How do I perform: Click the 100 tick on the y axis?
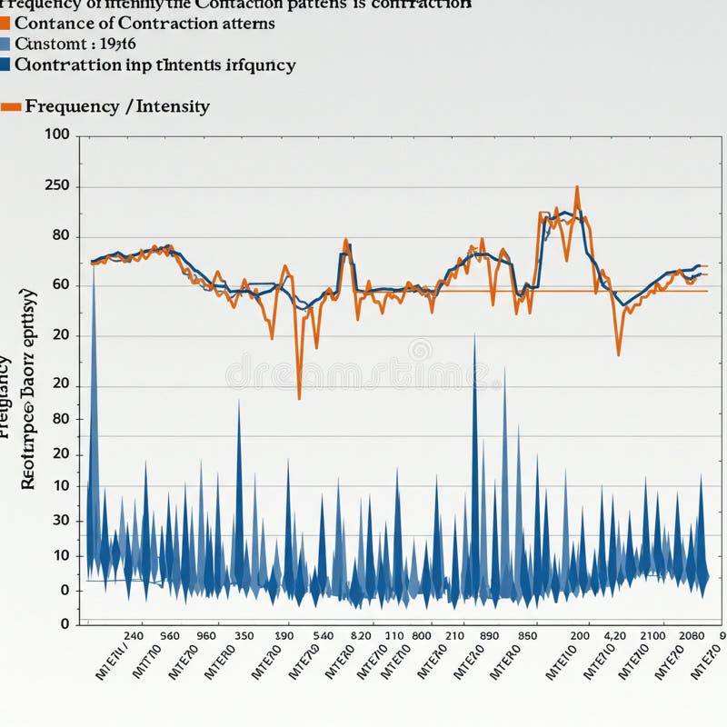click(x=56, y=134)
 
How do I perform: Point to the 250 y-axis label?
click(x=56, y=187)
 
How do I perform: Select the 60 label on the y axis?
click(x=61, y=284)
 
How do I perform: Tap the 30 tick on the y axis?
click(x=61, y=520)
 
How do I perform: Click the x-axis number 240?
click(x=133, y=636)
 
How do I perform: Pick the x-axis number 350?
click(x=244, y=636)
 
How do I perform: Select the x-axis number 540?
click(x=323, y=636)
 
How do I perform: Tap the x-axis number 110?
click(x=394, y=636)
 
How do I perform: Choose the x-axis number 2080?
click(x=692, y=636)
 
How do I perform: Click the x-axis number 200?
click(x=580, y=636)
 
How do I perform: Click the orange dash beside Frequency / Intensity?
click(x=11, y=107)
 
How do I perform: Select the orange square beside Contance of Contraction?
click(x=5, y=24)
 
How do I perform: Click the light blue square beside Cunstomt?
click(x=5, y=44)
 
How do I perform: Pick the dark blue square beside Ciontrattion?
click(x=5, y=65)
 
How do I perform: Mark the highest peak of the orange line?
click(x=577, y=187)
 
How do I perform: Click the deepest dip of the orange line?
click(x=299, y=398)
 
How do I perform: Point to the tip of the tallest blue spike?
click(x=94, y=265)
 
